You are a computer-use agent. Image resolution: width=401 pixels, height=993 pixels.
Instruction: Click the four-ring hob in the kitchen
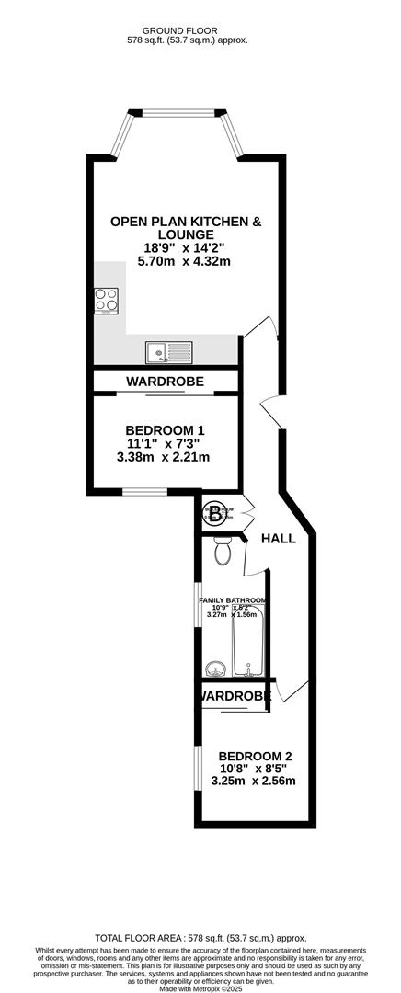pos(106,301)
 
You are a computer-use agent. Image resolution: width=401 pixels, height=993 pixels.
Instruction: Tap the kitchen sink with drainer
pos(168,350)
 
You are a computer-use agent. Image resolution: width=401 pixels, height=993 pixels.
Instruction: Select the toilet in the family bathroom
pos(222,551)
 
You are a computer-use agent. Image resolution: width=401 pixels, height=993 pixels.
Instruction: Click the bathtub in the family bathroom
pos(248,640)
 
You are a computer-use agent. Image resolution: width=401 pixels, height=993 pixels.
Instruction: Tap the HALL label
pos(278,539)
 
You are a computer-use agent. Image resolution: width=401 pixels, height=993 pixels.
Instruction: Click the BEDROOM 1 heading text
pos(165,430)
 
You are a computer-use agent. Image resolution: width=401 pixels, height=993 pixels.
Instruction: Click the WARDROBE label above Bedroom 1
pos(166,381)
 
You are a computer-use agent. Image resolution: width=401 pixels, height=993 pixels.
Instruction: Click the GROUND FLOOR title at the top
pos(187,29)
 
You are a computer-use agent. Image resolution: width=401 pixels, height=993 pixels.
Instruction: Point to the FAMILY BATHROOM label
pos(234,600)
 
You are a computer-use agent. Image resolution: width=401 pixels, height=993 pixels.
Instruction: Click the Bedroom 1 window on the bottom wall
pos(145,493)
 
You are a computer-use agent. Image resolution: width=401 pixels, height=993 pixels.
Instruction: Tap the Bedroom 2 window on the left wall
pos(196,767)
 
